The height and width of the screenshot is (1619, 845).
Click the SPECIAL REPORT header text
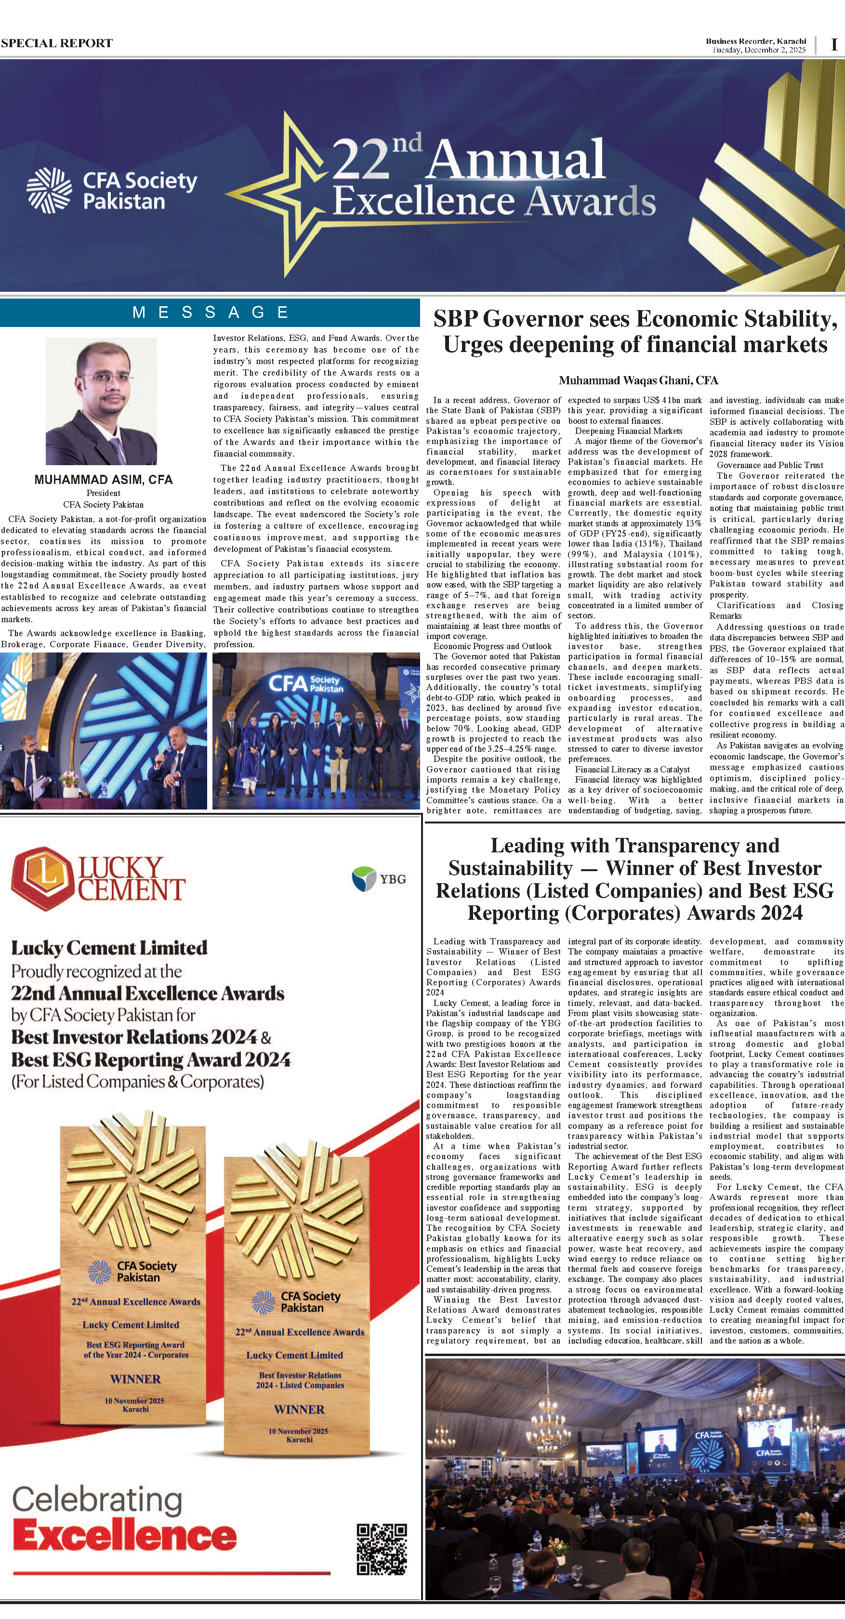point(56,43)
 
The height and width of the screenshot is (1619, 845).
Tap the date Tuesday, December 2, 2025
point(758,50)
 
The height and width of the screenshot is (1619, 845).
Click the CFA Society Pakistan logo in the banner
point(112,190)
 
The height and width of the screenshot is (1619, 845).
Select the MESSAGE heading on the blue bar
point(210,313)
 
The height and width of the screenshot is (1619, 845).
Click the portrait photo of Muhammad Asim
point(101,401)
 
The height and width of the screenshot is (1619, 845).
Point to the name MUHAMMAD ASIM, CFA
point(103,480)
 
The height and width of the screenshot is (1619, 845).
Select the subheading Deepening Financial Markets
point(628,431)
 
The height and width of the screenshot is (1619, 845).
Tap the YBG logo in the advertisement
point(379,879)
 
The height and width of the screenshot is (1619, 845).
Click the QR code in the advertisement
point(382,1549)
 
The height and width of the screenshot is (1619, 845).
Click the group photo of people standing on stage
point(316,731)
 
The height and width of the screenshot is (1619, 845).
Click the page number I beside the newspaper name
point(834,45)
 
